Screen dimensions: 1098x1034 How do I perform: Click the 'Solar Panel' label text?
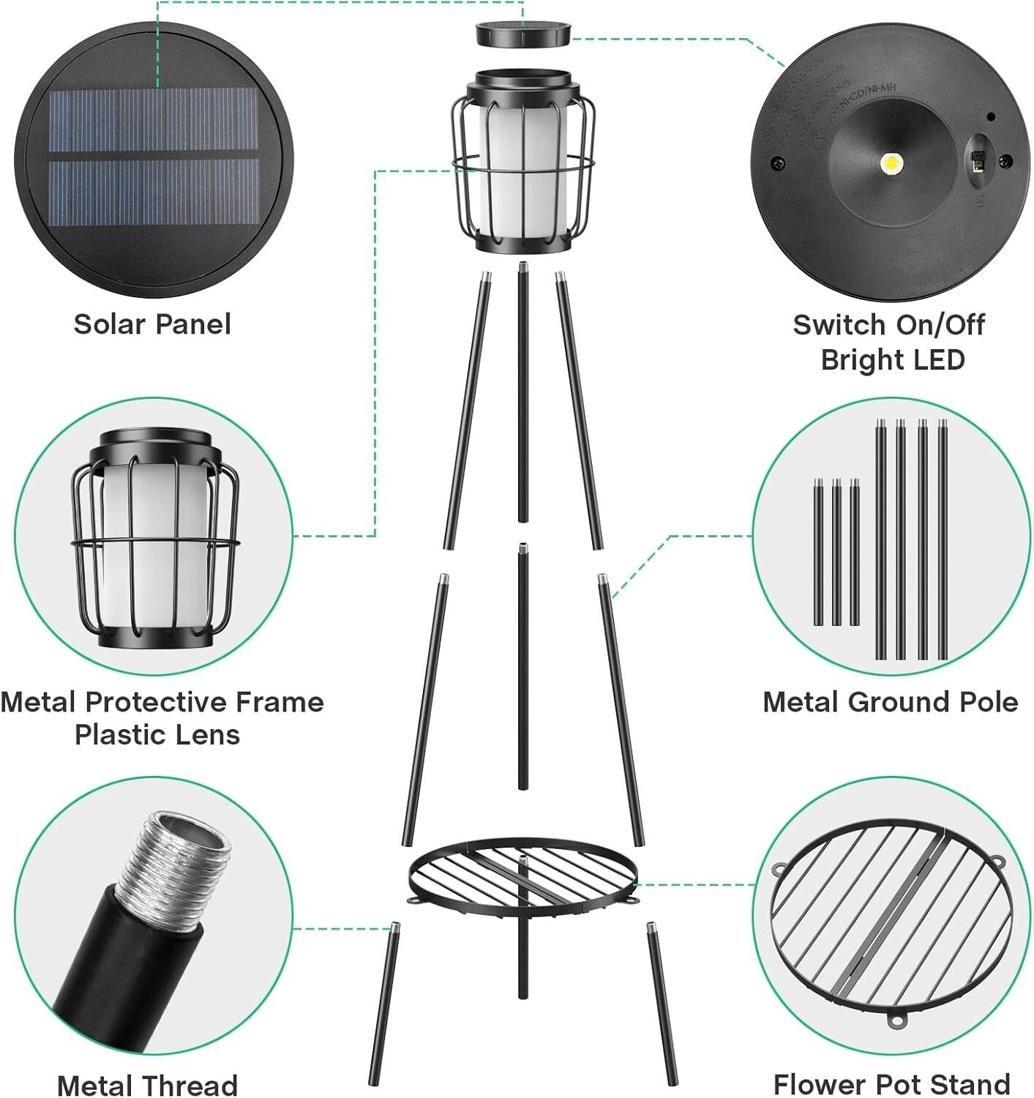(152, 324)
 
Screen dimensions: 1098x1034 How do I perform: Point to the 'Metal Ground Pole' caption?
(890, 702)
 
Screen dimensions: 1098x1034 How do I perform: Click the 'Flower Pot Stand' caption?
(891, 1083)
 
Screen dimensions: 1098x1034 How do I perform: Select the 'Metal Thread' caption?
(147, 1085)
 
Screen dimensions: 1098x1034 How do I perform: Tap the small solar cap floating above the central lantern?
(524, 34)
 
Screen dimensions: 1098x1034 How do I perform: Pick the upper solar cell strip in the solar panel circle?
(154, 121)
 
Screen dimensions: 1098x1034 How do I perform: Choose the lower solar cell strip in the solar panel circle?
(154, 193)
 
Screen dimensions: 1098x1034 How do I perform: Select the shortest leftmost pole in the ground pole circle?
(818, 553)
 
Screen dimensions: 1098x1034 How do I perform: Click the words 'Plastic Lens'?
(157, 735)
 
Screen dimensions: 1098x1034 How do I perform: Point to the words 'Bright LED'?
(893, 360)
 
